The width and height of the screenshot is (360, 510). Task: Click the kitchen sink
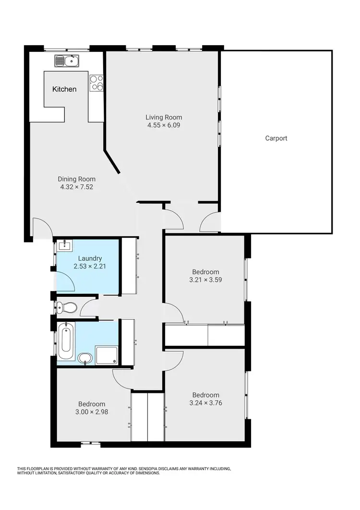67,61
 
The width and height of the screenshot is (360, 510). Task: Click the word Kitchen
64,89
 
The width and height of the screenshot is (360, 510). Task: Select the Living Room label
164,117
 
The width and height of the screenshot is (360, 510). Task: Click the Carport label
276,138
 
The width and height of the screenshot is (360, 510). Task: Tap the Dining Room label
76,179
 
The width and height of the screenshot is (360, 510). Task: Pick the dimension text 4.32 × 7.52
76,187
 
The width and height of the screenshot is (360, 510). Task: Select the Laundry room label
91,258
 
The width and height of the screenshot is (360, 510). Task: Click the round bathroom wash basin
85,358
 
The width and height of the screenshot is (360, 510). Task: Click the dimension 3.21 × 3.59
205,279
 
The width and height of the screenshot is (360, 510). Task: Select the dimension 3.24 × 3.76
205,403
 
